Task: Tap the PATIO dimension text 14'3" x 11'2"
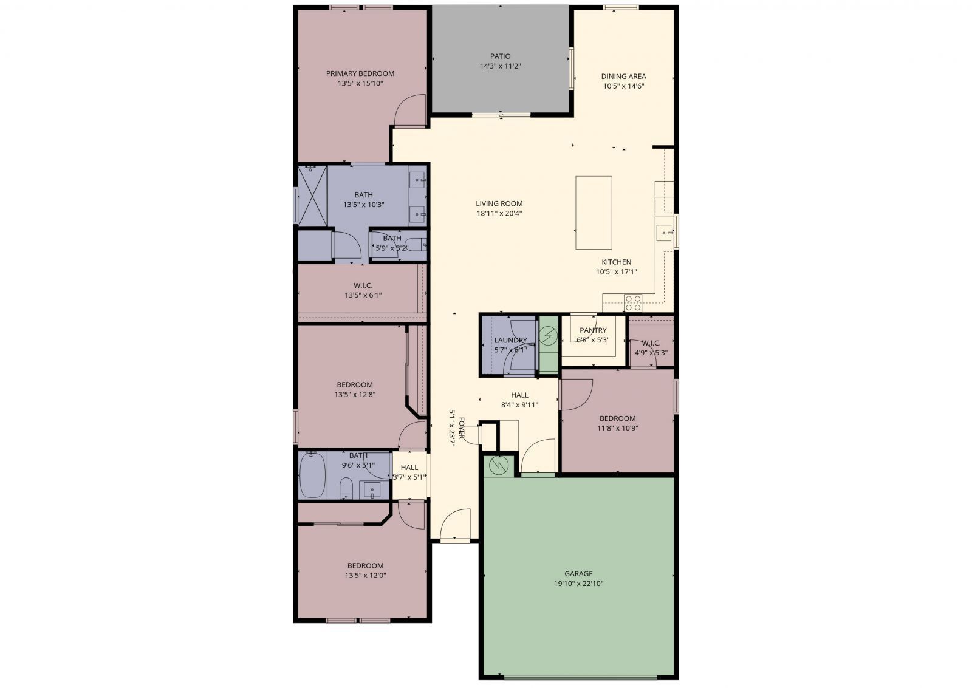[x=501, y=66]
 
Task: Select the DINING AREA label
[x=623, y=77]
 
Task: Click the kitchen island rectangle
[x=594, y=212]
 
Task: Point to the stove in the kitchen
[x=633, y=299]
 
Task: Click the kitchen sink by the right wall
[x=664, y=231]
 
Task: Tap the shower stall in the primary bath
[x=312, y=196]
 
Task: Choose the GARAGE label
[x=578, y=573]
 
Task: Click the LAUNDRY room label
[x=510, y=340]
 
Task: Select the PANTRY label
[x=593, y=330]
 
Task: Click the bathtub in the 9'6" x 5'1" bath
[x=313, y=475]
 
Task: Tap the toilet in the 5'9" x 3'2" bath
[x=416, y=245]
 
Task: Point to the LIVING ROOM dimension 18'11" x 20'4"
[x=499, y=213]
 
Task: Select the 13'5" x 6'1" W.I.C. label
[x=363, y=285]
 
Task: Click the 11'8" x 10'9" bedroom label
[x=617, y=418]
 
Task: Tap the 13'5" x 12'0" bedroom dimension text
[x=366, y=575]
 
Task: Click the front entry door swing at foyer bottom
[x=455, y=525]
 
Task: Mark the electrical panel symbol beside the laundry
[x=549, y=335]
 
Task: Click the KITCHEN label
[x=617, y=262]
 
